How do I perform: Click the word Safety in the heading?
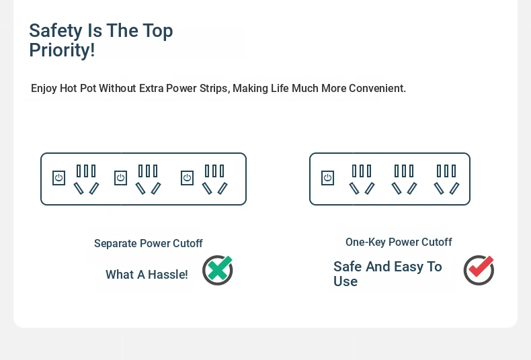[56, 31]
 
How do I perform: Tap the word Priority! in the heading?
[62, 50]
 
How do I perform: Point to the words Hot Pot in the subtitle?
[78, 88]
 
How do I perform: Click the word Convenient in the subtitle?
[376, 88]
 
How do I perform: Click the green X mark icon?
[218, 270]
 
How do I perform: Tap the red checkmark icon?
[479, 270]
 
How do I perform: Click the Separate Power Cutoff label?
[149, 243]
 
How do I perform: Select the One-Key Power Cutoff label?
[399, 242]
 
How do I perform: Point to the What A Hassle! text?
[147, 275]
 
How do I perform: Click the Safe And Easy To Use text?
[387, 274]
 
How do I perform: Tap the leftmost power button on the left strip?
[59, 178]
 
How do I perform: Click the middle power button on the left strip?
[120, 178]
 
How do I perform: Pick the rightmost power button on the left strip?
[188, 178]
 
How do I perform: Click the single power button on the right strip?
[327, 178]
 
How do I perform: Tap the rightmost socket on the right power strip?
[447, 179]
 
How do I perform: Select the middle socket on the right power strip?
[405, 179]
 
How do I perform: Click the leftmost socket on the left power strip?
[86, 179]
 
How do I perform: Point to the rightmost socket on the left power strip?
[214, 179]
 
